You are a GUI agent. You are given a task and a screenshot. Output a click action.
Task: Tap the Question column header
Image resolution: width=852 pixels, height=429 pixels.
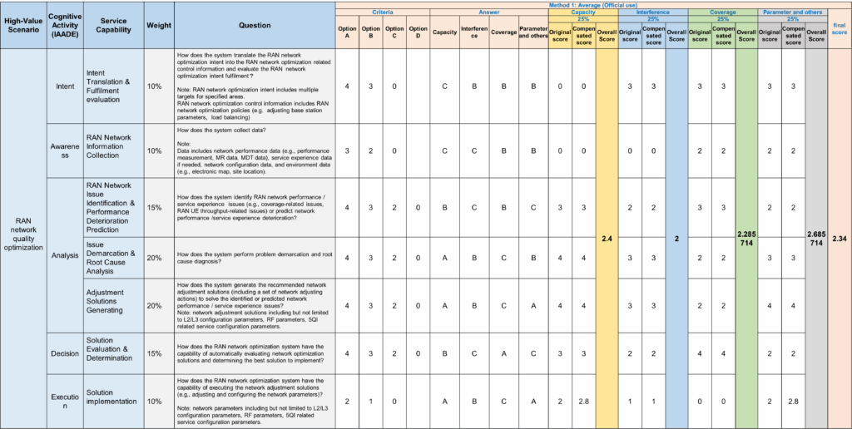(x=255, y=25)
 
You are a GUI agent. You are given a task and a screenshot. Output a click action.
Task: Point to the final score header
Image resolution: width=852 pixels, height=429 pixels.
(x=840, y=28)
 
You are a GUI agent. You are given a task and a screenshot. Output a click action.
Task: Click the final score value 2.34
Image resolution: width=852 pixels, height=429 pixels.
(x=840, y=239)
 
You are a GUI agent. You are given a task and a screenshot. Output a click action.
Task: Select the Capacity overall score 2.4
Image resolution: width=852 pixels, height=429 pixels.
(x=607, y=239)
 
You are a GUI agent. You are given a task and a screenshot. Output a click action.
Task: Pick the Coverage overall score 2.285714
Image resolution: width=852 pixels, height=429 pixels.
(x=746, y=239)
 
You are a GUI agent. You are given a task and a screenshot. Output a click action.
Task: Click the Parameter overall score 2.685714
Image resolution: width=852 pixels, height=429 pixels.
(x=816, y=239)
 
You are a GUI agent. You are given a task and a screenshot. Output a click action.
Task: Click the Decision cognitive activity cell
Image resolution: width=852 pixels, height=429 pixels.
(x=64, y=353)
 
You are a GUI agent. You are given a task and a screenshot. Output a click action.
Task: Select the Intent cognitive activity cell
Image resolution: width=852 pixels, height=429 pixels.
(x=64, y=86)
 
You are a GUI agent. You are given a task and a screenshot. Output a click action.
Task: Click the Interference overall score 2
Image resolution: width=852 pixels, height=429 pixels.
(x=676, y=239)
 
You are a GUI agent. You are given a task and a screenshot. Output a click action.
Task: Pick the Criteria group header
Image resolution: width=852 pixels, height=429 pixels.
(x=383, y=12)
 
